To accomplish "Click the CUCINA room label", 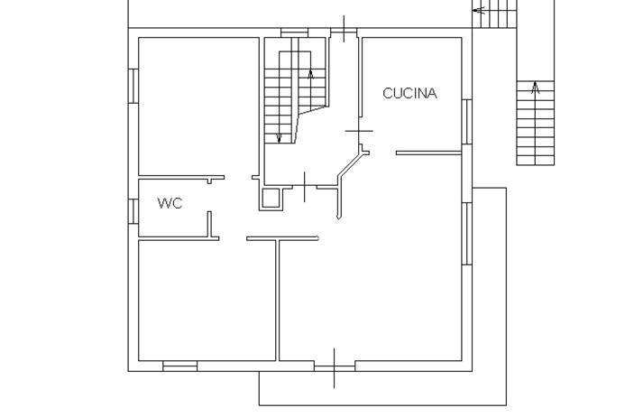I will [409, 93].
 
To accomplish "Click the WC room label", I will [170, 203].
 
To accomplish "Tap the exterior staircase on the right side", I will [535, 123].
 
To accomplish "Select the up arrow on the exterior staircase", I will [536, 88].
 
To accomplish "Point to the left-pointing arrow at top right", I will [479, 11].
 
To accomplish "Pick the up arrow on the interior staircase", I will [310, 76].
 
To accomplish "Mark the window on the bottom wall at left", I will [179, 366].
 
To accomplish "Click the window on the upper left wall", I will [133, 87].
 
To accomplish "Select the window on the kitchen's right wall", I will [466, 121].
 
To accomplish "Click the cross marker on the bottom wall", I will [335, 366].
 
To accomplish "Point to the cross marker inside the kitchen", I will [359, 132].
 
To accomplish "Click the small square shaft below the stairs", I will [271, 198].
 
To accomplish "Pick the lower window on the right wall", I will [466, 233].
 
